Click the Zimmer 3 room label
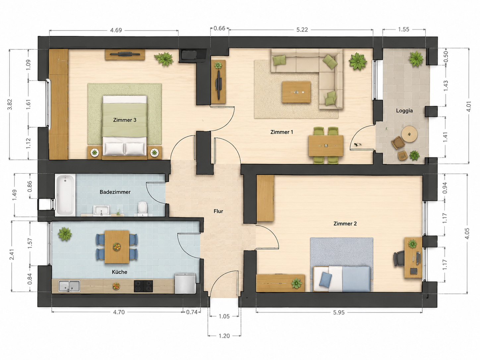point(125,120)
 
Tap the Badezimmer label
point(115,192)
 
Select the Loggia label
point(404,111)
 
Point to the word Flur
point(218,211)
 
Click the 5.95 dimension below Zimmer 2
point(339,313)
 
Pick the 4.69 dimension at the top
point(116,30)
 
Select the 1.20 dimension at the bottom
point(224,336)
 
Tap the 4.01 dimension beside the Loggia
point(468,106)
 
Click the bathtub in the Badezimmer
point(65,195)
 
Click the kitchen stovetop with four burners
point(143,286)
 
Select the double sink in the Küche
point(69,286)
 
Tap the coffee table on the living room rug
point(296,92)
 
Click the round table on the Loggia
point(409,134)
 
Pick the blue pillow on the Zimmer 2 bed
point(325,279)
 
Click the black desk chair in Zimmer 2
point(399,259)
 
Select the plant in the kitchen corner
point(65,234)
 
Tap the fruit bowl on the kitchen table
point(117,247)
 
